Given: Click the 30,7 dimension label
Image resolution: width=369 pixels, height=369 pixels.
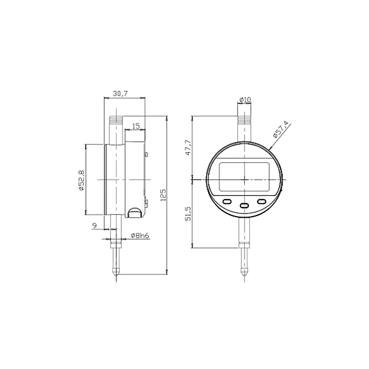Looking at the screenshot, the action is point(120,94).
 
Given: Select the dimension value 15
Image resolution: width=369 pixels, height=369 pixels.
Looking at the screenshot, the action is point(136,126).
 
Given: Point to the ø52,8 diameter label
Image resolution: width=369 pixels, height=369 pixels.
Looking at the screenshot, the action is point(81,180).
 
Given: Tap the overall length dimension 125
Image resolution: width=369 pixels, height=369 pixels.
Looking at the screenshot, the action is point(163,195).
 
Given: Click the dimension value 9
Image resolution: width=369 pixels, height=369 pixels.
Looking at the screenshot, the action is point(94,226).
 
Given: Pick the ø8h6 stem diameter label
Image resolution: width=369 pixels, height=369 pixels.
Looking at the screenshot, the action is point(140,235).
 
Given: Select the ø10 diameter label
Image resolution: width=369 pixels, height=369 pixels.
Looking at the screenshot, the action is point(245,100).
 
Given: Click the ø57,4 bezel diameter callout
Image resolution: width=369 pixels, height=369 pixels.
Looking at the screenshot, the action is point(280,129).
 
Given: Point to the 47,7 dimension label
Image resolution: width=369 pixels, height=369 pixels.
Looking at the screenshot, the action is point(188,148).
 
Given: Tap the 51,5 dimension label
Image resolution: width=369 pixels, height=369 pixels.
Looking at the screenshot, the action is point(188,213).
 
